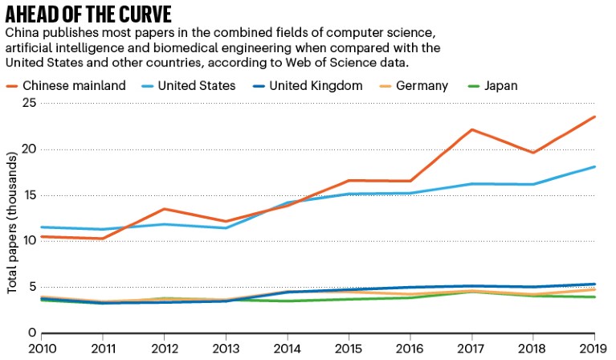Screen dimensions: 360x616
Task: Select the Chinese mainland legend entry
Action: pos(66,85)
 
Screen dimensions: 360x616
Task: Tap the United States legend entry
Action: pos(190,85)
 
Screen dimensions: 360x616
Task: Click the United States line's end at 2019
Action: pos(594,166)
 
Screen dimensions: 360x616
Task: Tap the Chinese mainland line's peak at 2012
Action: pos(165,209)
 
